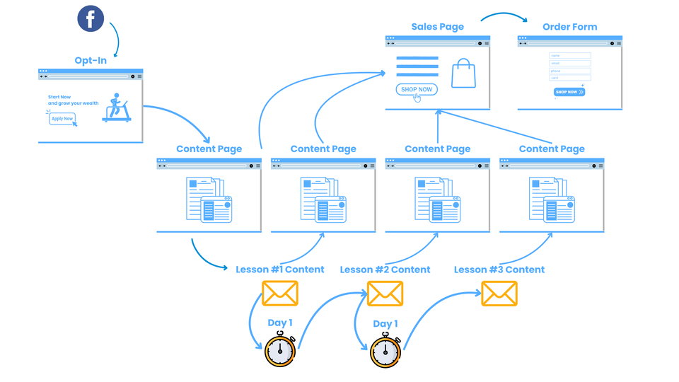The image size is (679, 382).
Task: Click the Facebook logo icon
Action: (91, 19)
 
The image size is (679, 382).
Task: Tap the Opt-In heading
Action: (91, 60)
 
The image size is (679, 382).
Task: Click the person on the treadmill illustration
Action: (115, 106)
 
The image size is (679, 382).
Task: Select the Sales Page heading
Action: (437, 27)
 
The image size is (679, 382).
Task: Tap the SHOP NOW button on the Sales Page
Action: (416, 90)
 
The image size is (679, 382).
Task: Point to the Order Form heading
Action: (569, 27)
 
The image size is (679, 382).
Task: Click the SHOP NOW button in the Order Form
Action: (569, 92)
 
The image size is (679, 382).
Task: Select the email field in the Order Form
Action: (569, 63)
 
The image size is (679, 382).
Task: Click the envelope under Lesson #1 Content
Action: (280, 293)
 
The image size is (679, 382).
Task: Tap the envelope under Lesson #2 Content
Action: (385, 293)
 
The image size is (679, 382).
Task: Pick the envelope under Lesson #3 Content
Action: (499, 293)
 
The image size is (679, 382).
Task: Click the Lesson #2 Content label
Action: (385, 270)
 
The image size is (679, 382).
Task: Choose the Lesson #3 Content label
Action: (499, 270)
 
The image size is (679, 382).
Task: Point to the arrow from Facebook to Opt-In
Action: (115, 38)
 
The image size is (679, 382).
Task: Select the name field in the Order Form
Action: (569, 55)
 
